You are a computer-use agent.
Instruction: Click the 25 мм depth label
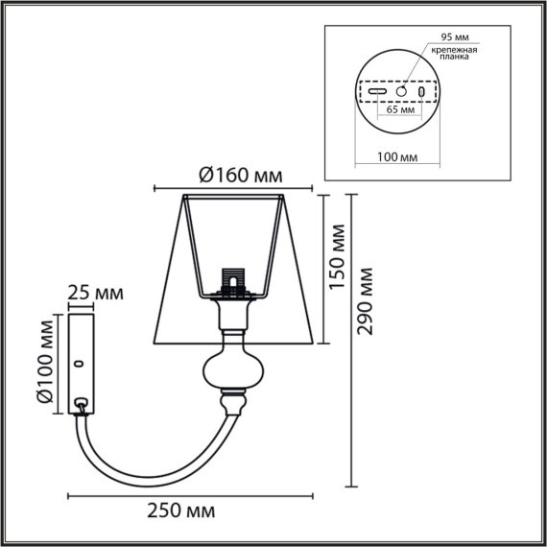(x=95, y=293)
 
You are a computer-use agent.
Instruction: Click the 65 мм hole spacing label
(x=400, y=110)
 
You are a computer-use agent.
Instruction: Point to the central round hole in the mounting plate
(x=401, y=90)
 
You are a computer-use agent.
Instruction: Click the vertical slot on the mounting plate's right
(x=422, y=90)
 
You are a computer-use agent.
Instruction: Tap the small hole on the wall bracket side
(x=80, y=364)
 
